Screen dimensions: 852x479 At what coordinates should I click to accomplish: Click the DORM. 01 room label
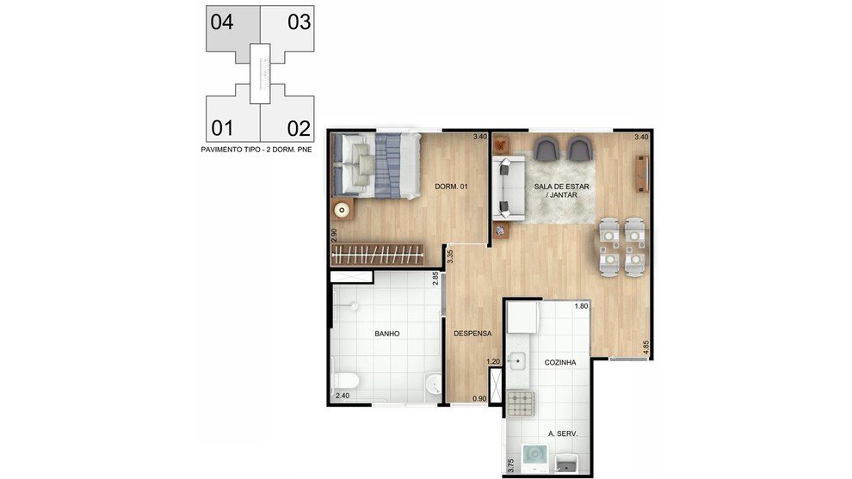(x=451, y=187)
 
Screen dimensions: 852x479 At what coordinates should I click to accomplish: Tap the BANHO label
(x=387, y=334)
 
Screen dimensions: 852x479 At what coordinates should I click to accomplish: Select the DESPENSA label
(x=472, y=334)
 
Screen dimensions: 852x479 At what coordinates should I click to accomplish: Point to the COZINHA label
(x=560, y=362)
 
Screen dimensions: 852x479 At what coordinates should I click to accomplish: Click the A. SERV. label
(x=562, y=434)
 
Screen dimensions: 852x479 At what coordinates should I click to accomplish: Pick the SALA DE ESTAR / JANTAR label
(x=561, y=191)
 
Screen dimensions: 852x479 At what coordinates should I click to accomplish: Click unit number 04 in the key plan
(x=222, y=22)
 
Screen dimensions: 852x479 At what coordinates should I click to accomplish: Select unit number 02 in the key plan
(x=299, y=129)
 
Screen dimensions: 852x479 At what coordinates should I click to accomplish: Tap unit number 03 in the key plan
(x=299, y=22)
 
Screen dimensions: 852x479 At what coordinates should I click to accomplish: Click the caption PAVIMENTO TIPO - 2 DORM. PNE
(x=256, y=150)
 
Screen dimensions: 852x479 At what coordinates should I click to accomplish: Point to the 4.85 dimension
(x=645, y=347)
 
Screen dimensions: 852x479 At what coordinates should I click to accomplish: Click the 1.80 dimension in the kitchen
(x=581, y=306)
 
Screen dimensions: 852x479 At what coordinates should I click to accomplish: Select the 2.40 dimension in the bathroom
(x=343, y=396)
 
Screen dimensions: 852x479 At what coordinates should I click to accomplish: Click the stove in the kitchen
(x=520, y=403)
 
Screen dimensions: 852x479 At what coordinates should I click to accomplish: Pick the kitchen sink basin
(x=516, y=360)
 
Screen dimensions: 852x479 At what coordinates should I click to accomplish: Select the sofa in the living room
(x=509, y=188)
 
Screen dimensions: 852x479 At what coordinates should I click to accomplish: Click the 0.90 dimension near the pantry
(x=479, y=399)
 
